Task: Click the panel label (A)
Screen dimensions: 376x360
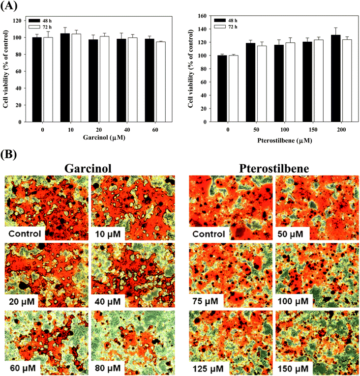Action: [x=9, y=6]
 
